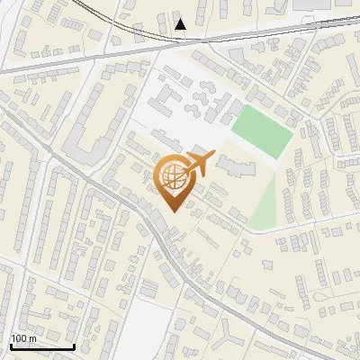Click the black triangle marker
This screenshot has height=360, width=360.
181,24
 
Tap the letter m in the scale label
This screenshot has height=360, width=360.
33,337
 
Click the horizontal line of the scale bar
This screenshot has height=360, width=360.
41,346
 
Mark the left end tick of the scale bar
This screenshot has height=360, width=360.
10,345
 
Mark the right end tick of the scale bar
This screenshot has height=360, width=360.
74,345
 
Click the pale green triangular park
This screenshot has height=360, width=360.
263,209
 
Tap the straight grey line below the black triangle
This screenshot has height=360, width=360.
180,43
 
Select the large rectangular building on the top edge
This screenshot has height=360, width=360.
320,4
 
